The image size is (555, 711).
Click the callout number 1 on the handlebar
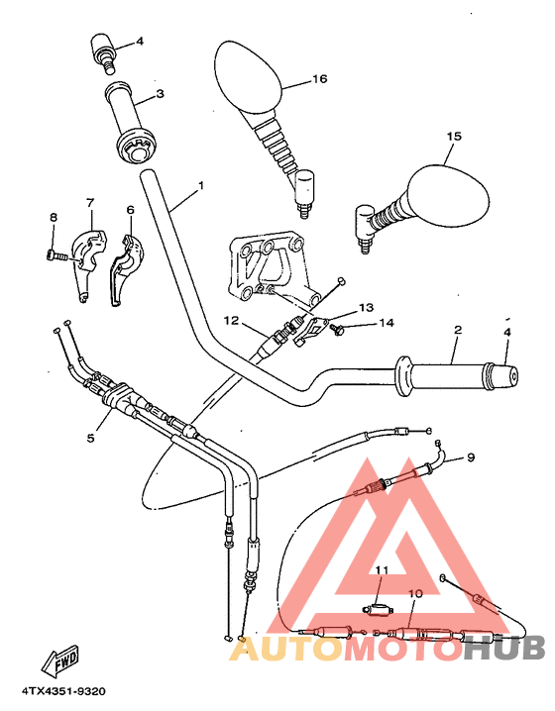[201, 185]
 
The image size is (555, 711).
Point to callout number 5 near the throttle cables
[91, 434]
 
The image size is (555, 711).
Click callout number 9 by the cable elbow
[471, 457]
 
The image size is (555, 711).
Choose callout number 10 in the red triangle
[414, 593]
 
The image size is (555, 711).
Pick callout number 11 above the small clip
[382, 569]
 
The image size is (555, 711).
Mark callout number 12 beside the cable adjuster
[230, 320]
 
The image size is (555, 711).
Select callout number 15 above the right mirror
[454, 137]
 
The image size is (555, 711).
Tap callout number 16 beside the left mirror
[318, 79]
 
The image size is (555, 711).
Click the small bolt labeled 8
[56, 255]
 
